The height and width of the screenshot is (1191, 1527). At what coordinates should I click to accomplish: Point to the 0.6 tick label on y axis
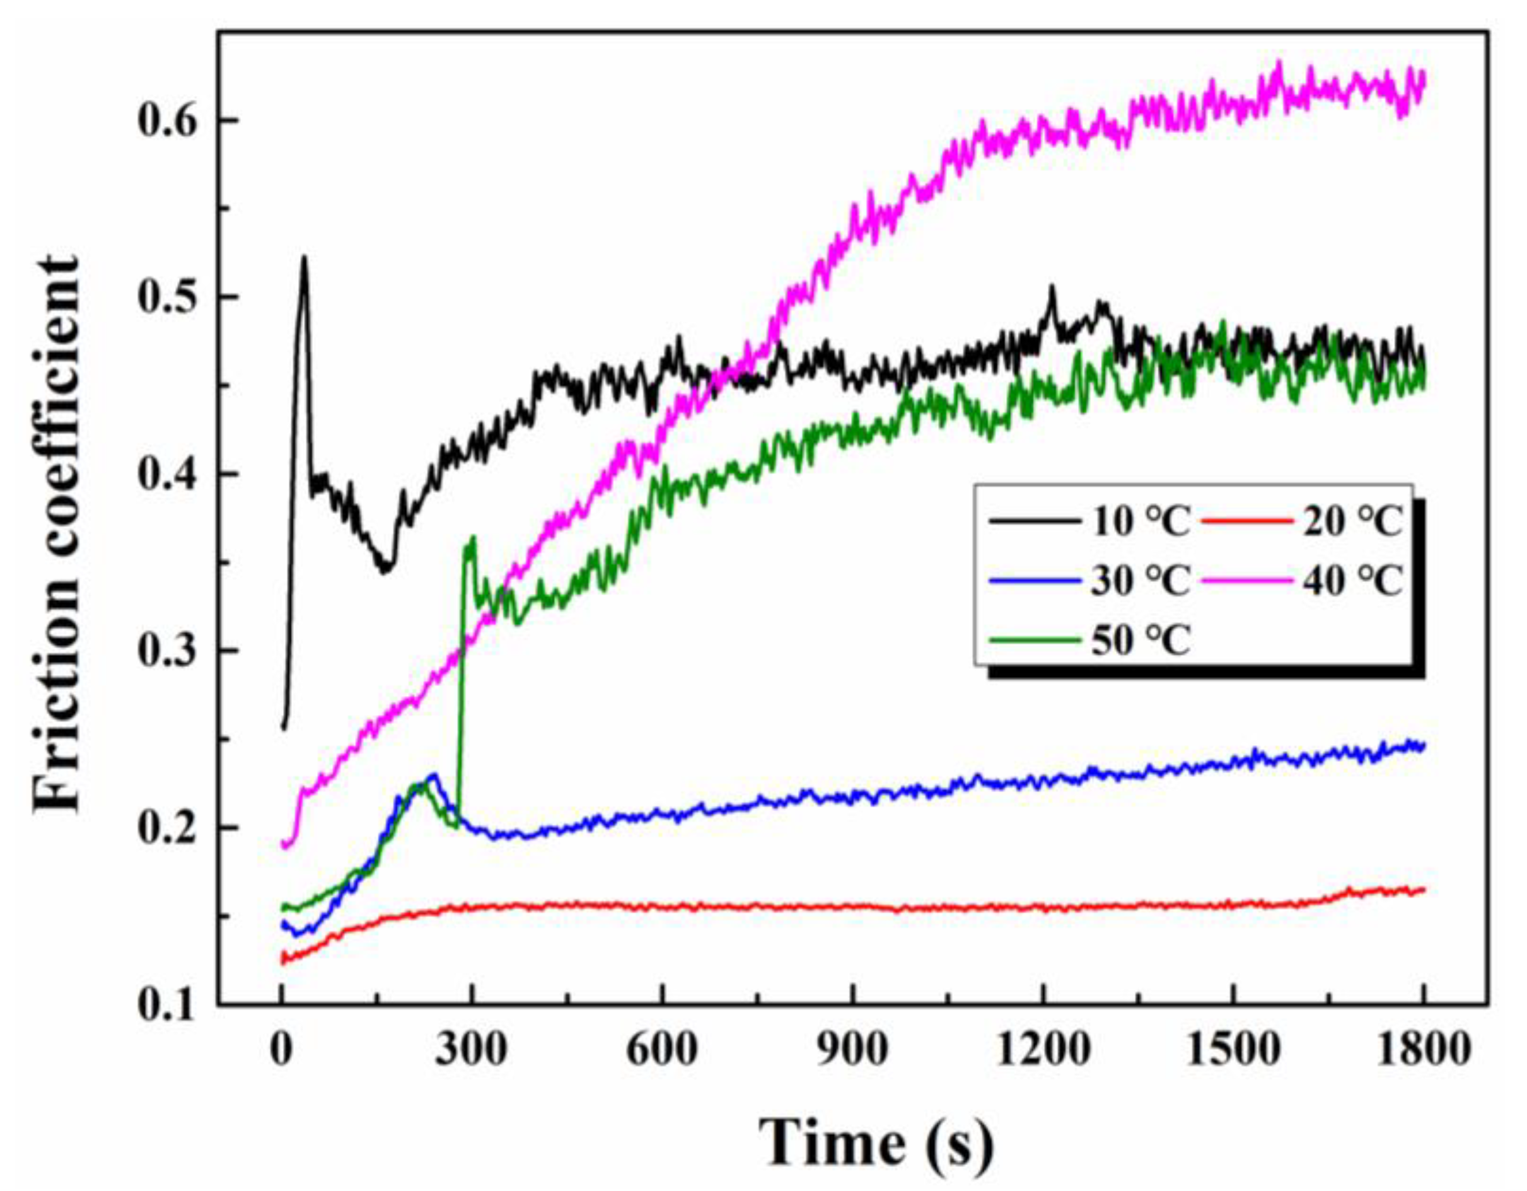click(x=165, y=120)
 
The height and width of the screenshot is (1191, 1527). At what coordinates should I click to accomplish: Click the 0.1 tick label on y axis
click(x=165, y=1006)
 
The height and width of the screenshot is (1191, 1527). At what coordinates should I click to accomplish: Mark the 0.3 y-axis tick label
click(x=165, y=651)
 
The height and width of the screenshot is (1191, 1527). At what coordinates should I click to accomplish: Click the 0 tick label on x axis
click(x=281, y=1051)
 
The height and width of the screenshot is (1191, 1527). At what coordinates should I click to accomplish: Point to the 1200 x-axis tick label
click(x=1042, y=1051)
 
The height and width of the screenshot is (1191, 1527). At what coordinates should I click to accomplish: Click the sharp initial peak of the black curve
click(x=304, y=259)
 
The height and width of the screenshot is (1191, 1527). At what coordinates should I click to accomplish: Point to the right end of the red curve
click(x=1423, y=890)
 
